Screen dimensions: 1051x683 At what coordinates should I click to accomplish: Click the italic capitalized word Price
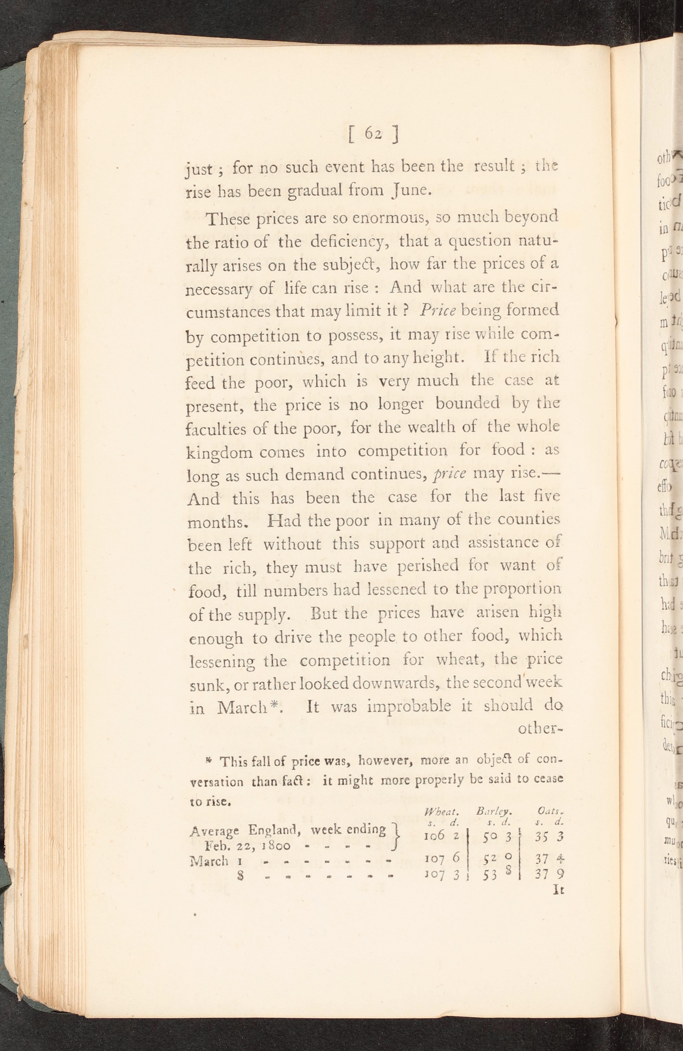(438, 310)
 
